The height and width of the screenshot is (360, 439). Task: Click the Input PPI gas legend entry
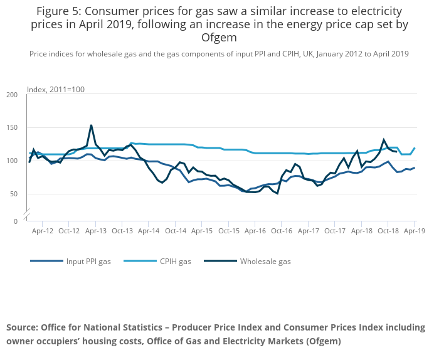[88, 261]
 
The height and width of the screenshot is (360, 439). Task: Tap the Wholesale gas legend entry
[265, 261]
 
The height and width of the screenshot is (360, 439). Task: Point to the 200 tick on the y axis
[12, 95]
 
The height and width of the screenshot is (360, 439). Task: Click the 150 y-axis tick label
[12, 128]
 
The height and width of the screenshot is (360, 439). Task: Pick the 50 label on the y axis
[14, 194]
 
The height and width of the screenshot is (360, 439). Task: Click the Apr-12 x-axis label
[42, 231]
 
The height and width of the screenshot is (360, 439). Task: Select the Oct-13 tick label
[122, 231]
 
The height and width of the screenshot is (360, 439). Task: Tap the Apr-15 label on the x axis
[202, 231]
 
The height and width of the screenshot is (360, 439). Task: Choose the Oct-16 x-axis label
[282, 231]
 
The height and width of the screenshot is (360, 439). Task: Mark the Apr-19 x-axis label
[415, 231]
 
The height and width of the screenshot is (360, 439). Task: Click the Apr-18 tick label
[362, 231]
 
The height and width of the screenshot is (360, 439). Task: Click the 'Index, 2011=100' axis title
[56, 90]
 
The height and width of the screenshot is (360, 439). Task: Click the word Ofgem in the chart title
[219, 37]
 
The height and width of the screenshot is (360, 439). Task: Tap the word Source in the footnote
[22, 327]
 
